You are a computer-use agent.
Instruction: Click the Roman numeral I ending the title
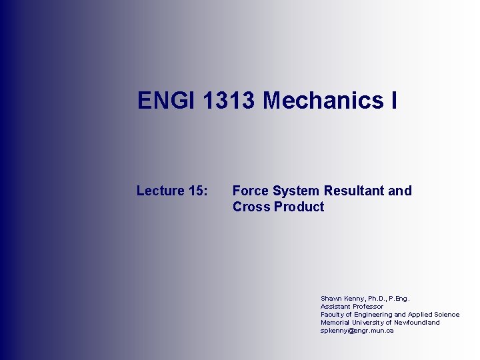394,101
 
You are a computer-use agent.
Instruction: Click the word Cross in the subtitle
251,207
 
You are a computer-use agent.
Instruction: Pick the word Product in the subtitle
299,207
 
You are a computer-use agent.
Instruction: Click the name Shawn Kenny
339,299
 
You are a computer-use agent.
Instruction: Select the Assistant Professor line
352,307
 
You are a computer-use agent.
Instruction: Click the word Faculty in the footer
333,315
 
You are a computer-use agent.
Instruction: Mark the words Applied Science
434,315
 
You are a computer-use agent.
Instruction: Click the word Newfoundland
417,323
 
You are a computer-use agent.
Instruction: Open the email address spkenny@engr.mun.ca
357,331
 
